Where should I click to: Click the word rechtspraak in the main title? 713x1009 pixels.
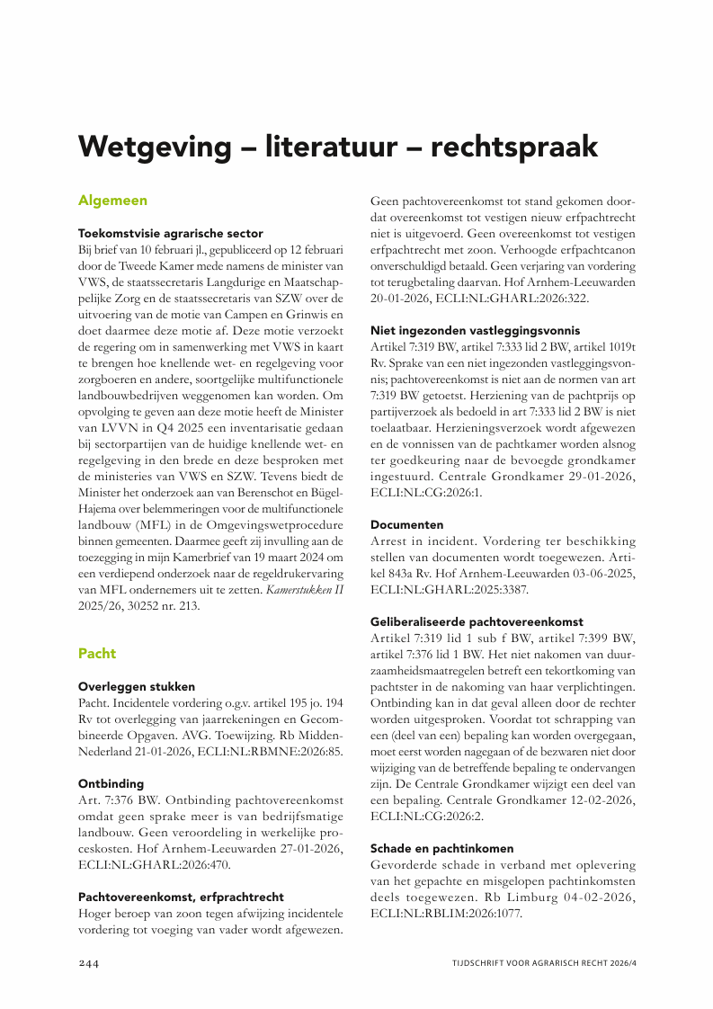click(514, 146)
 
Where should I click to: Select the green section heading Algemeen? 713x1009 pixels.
click(112, 201)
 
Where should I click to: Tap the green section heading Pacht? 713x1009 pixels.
click(97, 653)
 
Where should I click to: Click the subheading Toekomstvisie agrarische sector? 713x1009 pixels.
click(171, 232)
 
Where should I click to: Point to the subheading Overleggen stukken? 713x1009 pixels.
click(137, 685)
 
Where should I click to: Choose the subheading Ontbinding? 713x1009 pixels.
click(111, 783)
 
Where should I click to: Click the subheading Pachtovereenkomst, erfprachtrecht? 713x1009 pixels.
click(181, 897)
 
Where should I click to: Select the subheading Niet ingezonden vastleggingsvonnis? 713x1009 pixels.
click(476, 330)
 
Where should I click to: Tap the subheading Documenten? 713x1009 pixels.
click(406, 523)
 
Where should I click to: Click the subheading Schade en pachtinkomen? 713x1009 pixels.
click(442, 848)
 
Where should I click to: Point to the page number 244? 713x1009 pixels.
click(88, 962)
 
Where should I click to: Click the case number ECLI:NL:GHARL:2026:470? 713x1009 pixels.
click(155, 865)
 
